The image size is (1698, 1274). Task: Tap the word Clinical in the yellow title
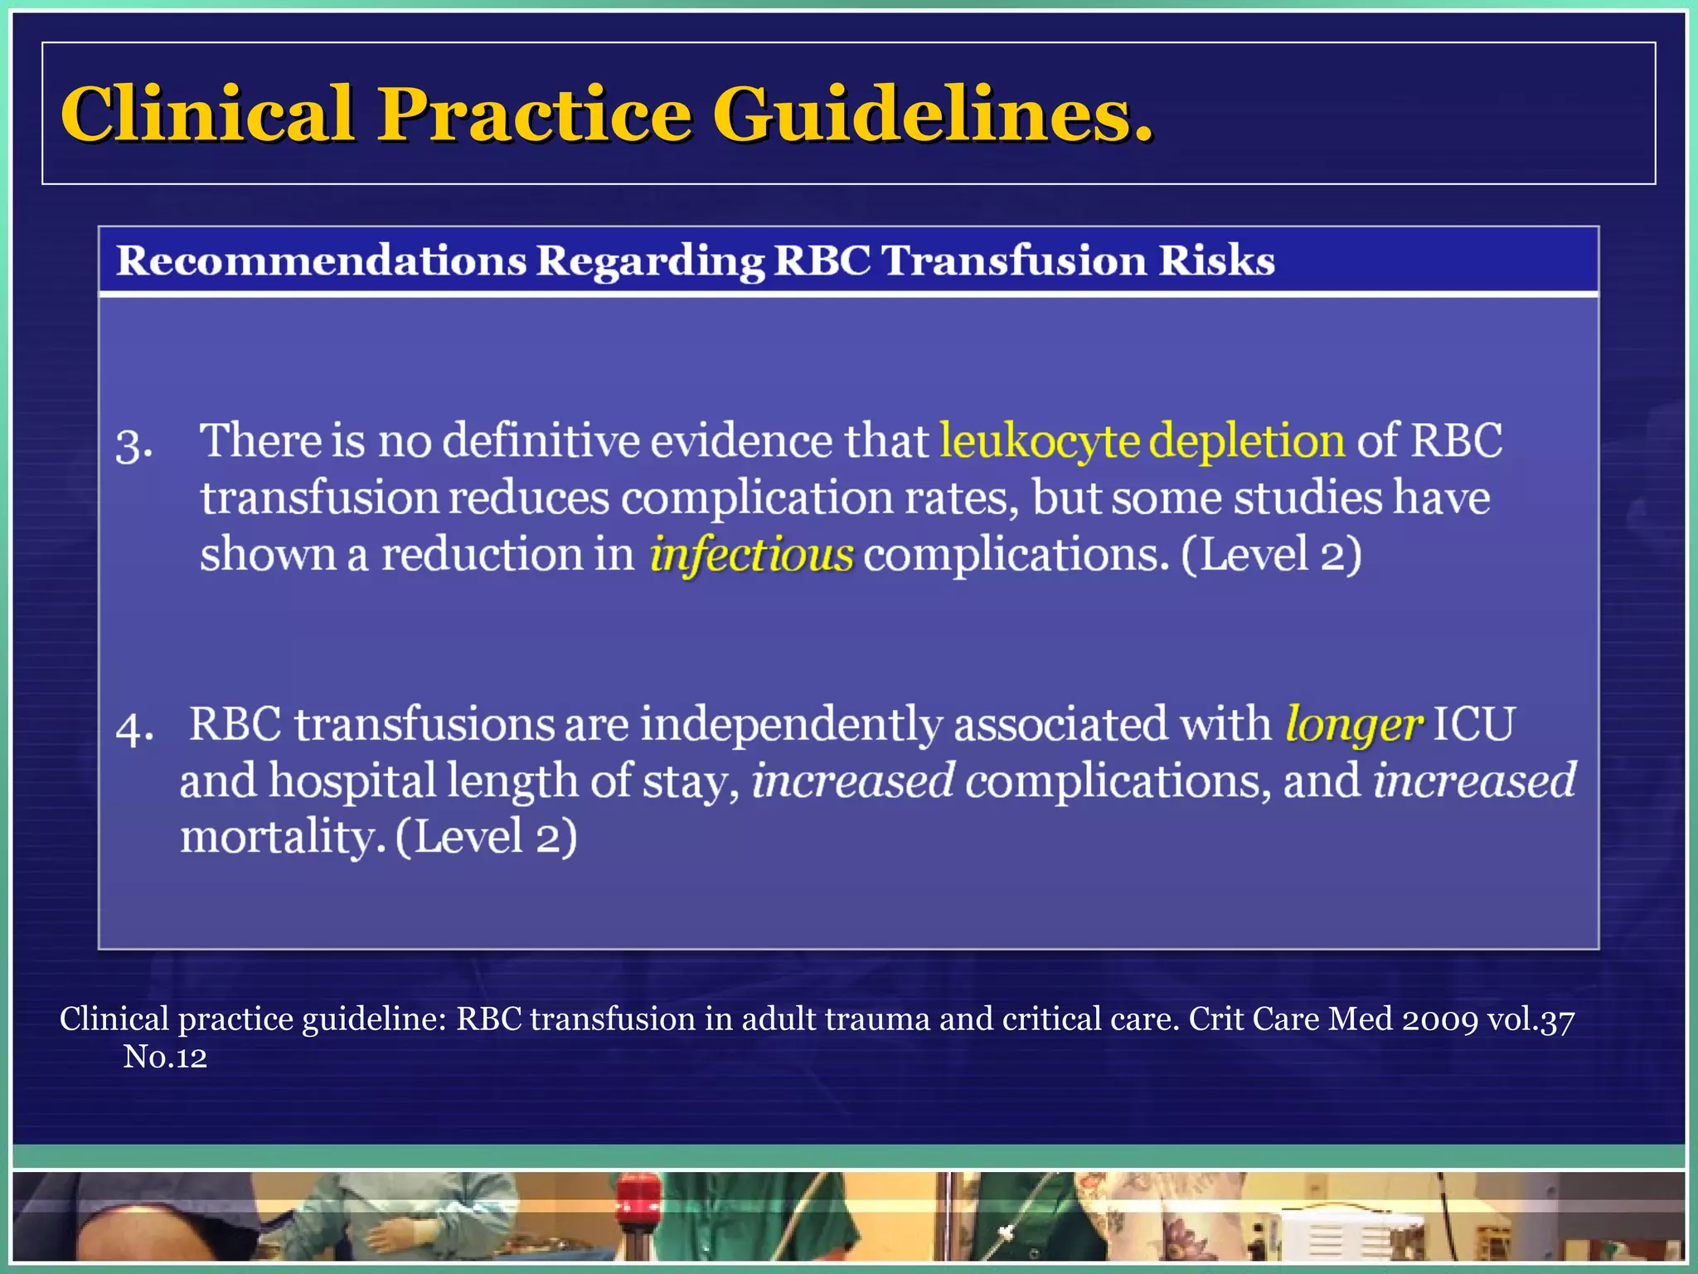pyautogui.click(x=207, y=114)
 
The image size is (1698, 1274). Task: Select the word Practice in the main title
pyautogui.click(x=535, y=114)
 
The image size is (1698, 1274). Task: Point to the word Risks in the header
pyautogui.click(x=1216, y=260)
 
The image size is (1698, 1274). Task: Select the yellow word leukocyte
pyautogui.click(x=1040, y=440)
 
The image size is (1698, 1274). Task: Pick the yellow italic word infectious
pyautogui.click(x=751, y=554)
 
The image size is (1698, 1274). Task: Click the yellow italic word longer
pyautogui.click(x=1354, y=724)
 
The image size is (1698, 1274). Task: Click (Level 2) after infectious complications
pyautogui.click(x=1270, y=554)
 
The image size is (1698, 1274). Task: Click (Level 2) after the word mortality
pyautogui.click(x=486, y=837)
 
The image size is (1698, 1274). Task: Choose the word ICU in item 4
pyautogui.click(x=1473, y=724)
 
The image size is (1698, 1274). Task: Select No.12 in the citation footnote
pyautogui.click(x=165, y=1057)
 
